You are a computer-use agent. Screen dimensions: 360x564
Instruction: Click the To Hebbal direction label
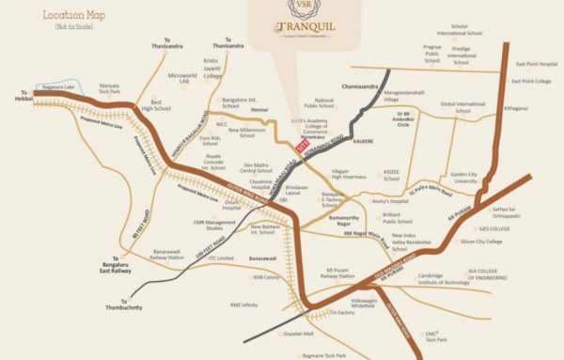tap(23, 96)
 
